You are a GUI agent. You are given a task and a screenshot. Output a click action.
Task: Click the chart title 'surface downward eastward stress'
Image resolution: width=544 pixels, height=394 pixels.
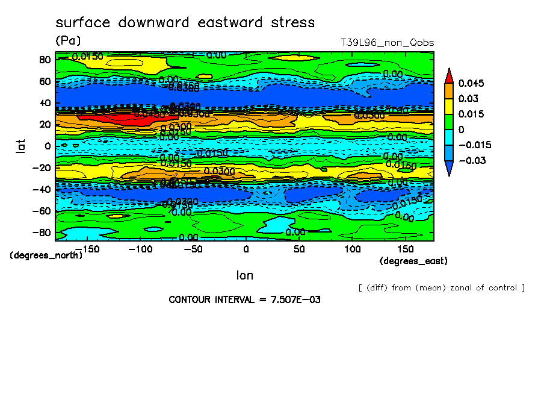[185, 23]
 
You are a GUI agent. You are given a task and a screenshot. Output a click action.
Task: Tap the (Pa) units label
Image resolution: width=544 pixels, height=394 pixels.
[68, 41]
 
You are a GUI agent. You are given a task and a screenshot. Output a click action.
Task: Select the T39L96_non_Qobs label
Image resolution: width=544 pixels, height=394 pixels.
[388, 43]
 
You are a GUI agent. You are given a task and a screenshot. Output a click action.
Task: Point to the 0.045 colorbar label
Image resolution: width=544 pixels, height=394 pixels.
[472, 83]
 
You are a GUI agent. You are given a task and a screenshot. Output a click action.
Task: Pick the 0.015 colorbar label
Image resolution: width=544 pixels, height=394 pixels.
[472, 114]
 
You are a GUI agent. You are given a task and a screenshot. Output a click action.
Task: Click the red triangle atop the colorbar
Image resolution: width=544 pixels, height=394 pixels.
[449, 75]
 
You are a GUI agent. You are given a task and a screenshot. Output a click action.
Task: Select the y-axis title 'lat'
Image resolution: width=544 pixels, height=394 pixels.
[20, 145]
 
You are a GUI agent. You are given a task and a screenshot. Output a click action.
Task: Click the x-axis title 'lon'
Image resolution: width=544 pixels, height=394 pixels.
[244, 275]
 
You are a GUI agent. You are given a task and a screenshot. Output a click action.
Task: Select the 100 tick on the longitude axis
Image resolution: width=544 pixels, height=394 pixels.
[353, 249]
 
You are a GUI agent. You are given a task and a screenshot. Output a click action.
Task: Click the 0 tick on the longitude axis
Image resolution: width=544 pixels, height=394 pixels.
[246, 249]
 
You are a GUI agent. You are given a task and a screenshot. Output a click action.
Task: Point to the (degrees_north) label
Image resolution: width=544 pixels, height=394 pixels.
[46, 255]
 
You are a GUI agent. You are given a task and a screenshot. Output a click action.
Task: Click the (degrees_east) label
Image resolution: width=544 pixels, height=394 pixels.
[413, 261]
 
